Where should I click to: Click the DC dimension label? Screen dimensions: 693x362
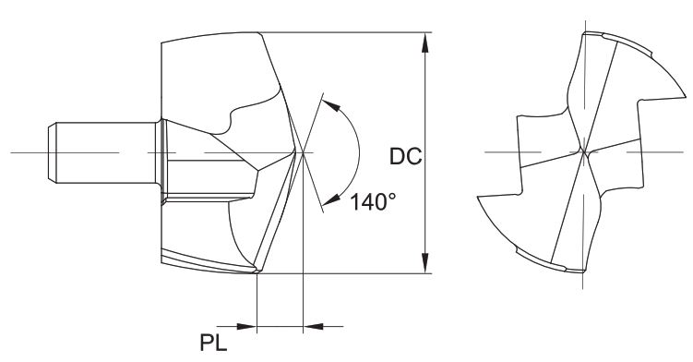(406, 156)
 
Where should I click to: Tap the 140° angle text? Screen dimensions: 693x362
(373, 202)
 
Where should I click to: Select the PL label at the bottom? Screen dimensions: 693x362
(213, 343)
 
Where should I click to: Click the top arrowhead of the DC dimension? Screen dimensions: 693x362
(425, 42)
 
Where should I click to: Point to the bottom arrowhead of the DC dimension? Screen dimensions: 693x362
(425, 263)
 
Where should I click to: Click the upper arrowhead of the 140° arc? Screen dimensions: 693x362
(331, 105)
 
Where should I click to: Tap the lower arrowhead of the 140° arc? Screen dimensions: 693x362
(331, 200)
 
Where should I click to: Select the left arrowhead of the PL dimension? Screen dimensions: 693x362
(246, 327)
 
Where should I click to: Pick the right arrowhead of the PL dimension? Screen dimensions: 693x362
(314, 327)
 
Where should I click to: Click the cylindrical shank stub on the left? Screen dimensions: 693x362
(102, 152)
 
